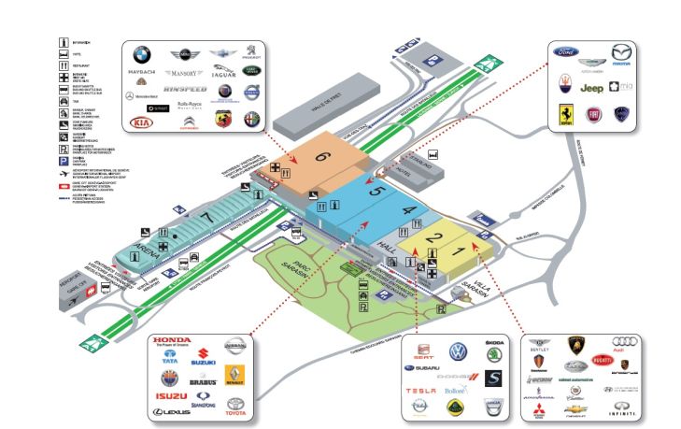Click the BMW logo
point(141,54)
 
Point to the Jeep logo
point(591,88)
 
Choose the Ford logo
point(567,53)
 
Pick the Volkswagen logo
point(459,351)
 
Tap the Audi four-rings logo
point(625,343)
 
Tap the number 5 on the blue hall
point(376,191)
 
